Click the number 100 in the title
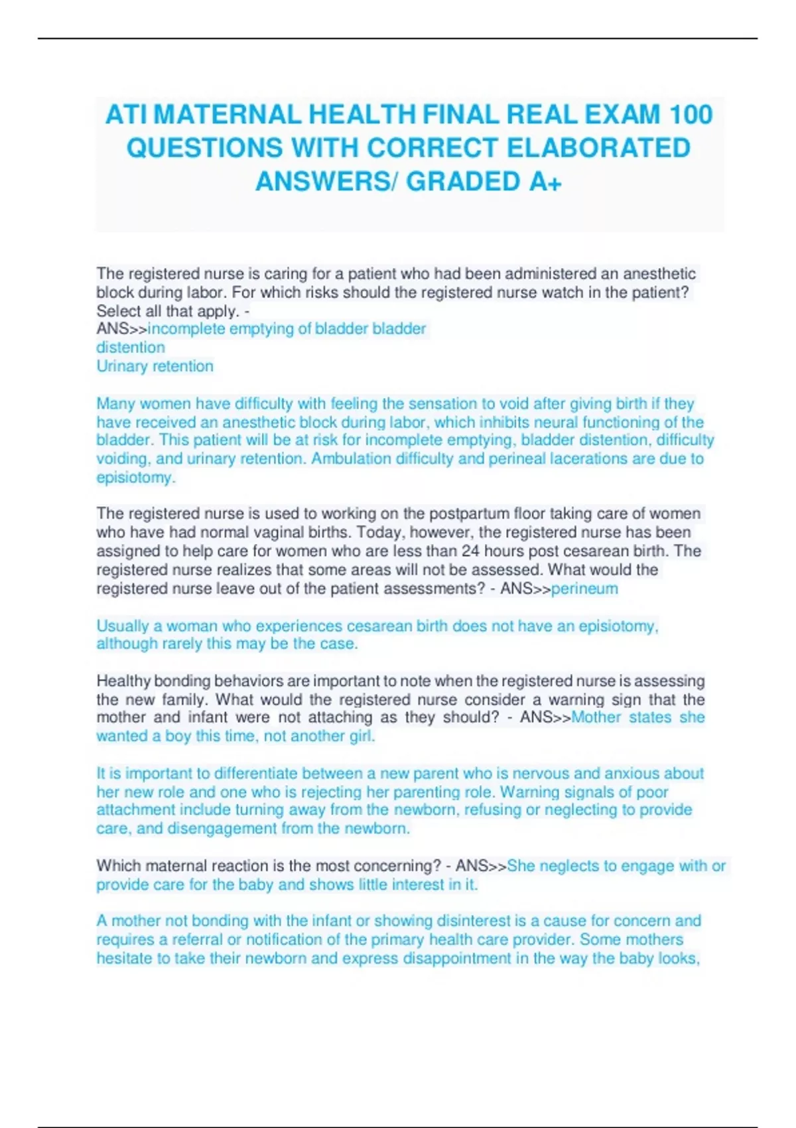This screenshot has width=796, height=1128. click(x=691, y=115)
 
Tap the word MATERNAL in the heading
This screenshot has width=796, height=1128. click(x=227, y=115)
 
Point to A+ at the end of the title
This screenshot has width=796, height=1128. click(x=545, y=182)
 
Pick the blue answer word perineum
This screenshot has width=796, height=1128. click(x=584, y=589)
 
